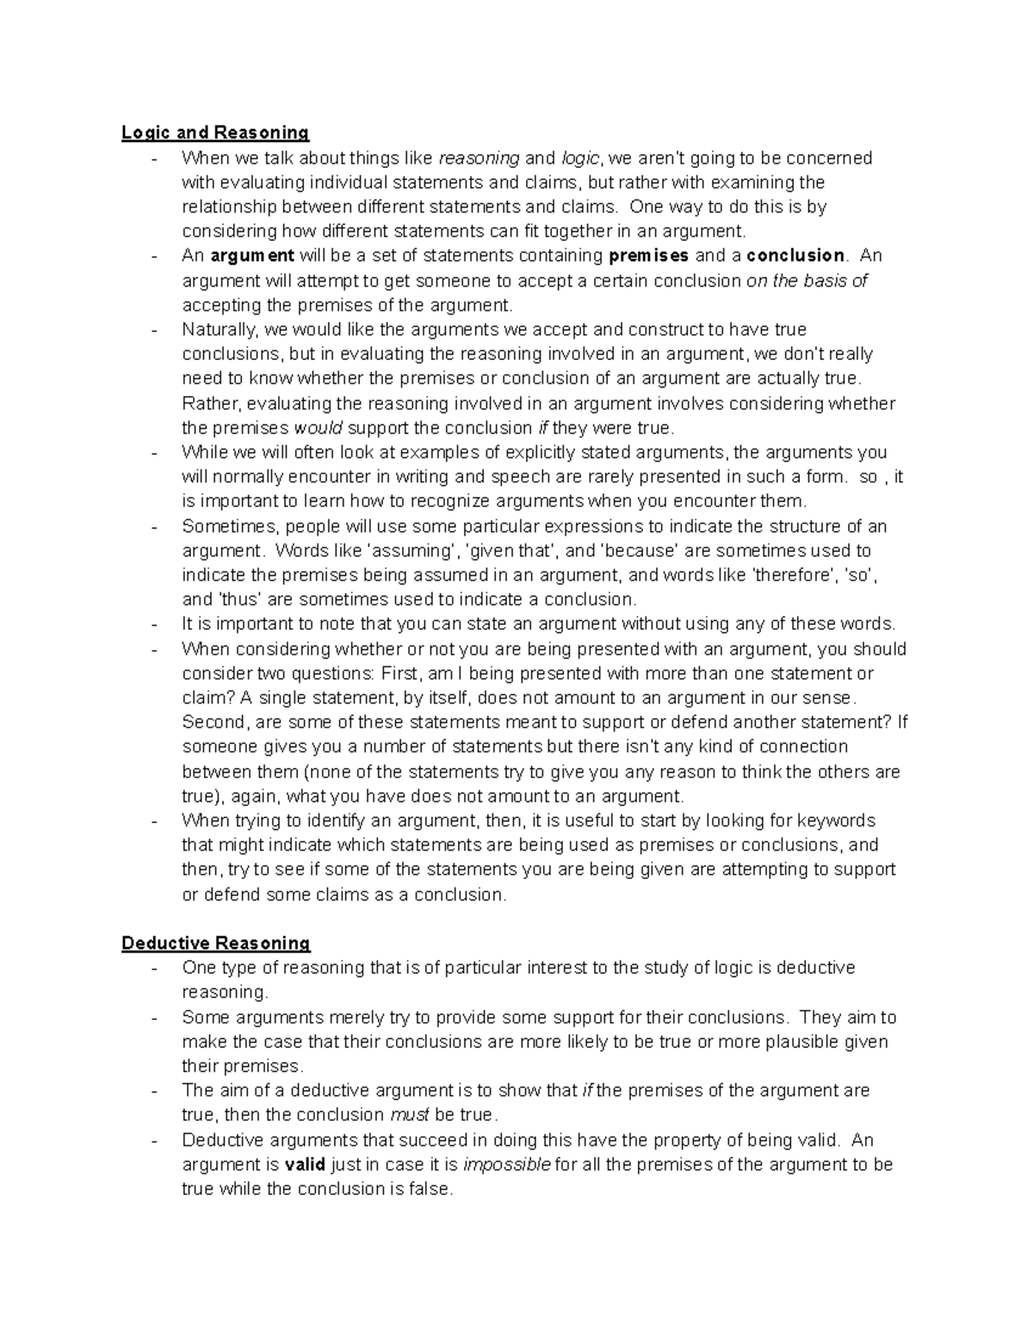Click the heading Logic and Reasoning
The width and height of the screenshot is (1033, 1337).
215,133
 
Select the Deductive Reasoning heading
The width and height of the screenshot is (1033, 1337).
216,944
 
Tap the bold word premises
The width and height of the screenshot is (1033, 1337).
648,256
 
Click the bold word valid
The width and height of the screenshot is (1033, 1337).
305,1165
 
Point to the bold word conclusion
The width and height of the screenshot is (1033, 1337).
795,256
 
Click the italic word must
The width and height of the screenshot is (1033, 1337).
410,1116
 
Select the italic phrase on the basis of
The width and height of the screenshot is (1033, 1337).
807,281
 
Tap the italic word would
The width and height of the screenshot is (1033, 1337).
319,428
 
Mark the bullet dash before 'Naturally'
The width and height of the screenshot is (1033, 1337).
154,331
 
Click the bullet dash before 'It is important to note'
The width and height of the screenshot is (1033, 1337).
154,625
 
